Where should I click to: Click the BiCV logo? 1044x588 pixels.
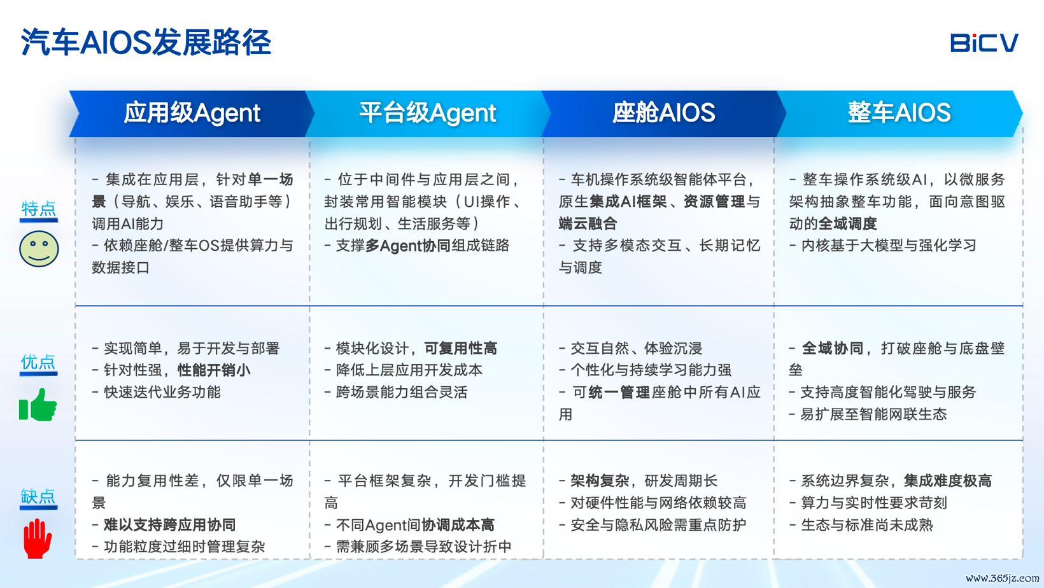tap(984, 43)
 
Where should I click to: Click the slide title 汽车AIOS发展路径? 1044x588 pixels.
tap(146, 43)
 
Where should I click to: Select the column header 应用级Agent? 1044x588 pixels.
tap(192, 113)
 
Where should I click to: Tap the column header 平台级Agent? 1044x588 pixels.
tap(427, 113)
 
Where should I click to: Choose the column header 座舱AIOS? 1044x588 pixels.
tap(664, 113)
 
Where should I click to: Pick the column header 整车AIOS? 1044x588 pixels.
tap(899, 113)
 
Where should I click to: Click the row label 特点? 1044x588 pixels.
tap(39, 208)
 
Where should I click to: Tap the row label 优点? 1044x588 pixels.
tap(39, 361)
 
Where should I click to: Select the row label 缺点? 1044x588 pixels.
tap(39, 496)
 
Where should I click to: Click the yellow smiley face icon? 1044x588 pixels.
tap(39, 249)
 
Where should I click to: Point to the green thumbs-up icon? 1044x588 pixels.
tap(38, 405)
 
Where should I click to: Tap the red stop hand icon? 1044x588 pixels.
tap(38, 538)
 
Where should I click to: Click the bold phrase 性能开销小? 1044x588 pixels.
tap(214, 370)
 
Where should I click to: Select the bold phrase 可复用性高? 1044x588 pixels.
tap(460, 348)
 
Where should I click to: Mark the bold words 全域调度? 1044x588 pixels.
tap(848, 223)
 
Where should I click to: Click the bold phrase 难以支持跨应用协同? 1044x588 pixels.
tap(169, 525)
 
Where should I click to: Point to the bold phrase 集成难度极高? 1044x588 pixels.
tap(947, 481)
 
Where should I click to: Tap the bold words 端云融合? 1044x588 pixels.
tap(588, 223)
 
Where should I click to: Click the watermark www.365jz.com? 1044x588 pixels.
tap(1002, 578)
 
